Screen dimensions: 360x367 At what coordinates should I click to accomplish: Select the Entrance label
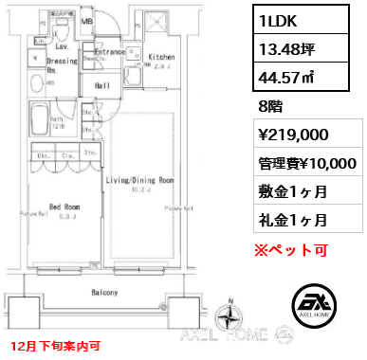(x=110, y=51)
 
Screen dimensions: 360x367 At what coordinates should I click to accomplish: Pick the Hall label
(x=102, y=85)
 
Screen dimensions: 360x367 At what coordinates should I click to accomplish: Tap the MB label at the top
(x=86, y=20)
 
